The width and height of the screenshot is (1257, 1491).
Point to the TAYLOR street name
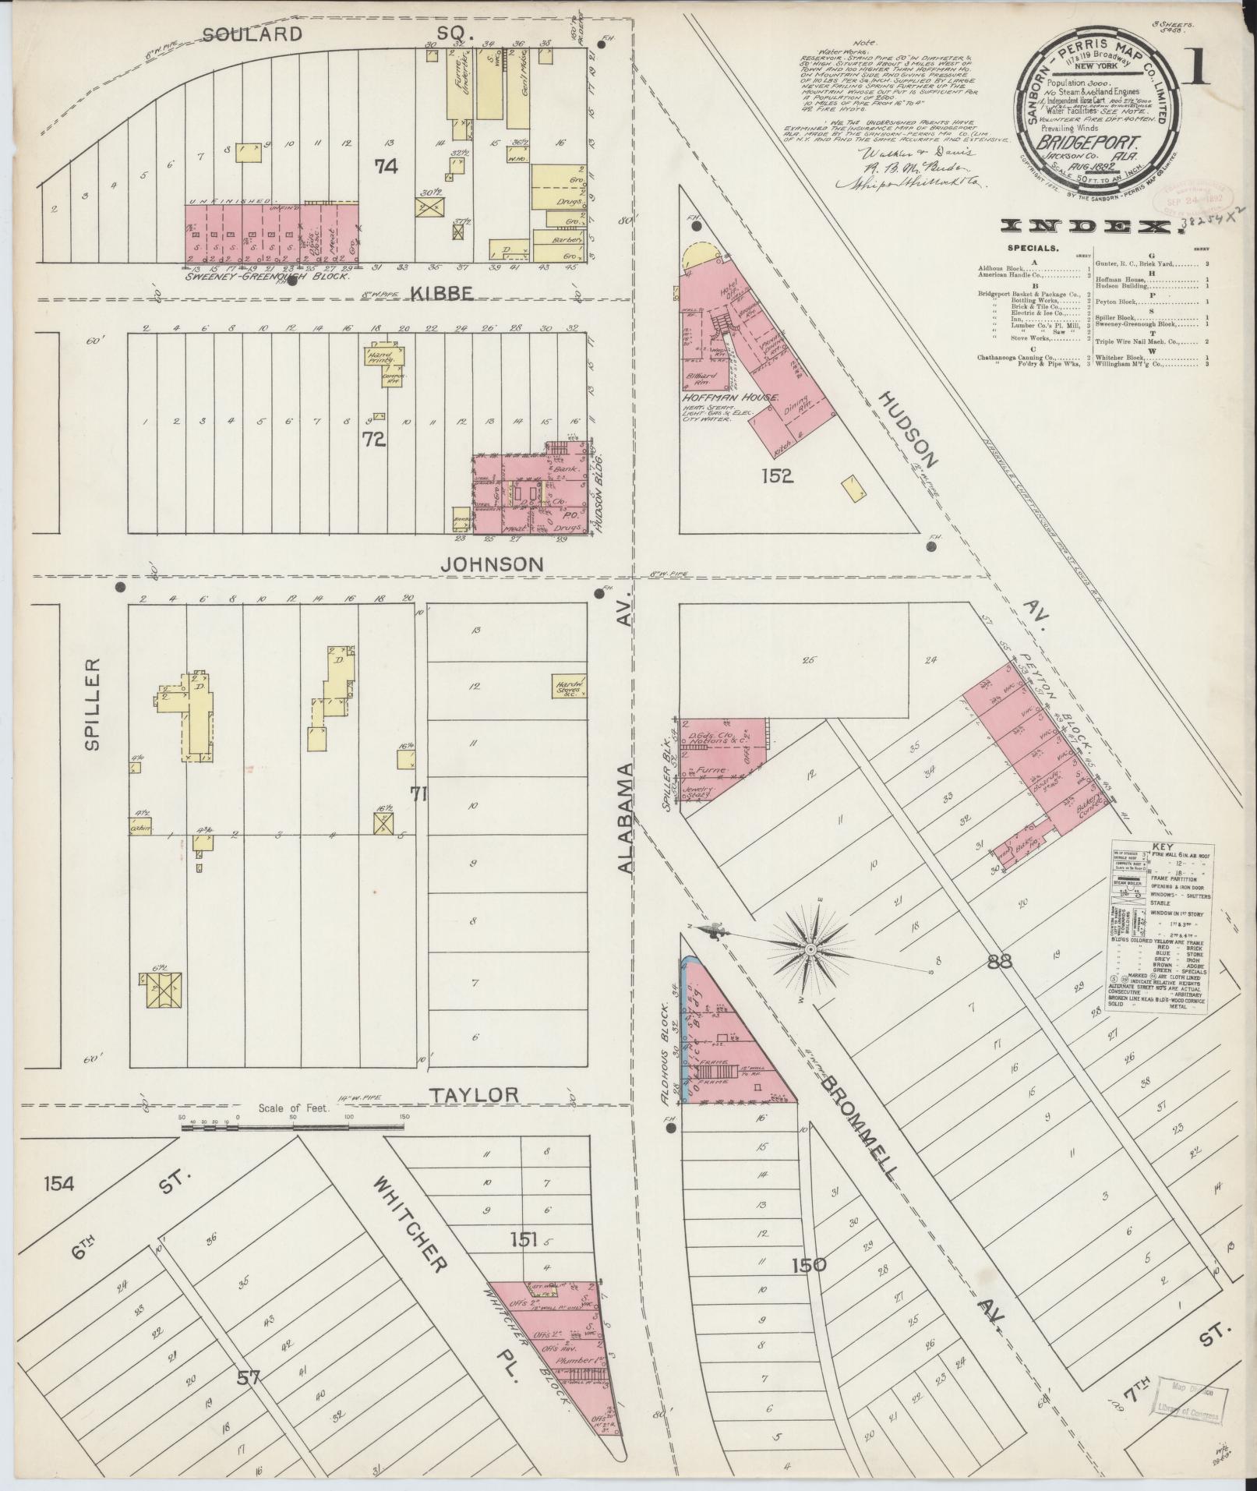click(x=475, y=1094)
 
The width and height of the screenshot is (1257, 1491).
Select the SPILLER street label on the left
click(x=93, y=704)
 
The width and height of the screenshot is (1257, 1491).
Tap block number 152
click(x=778, y=475)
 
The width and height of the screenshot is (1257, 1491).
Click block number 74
click(x=386, y=166)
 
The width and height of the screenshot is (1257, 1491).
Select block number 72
click(x=374, y=440)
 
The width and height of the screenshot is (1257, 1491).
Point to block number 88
click(x=999, y=962)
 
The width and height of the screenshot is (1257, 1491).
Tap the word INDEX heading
click(x=1084, y=227)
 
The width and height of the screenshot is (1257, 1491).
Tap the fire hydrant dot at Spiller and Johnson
click(x=120, y=587)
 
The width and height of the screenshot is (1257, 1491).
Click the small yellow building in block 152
click(x=853, y=489)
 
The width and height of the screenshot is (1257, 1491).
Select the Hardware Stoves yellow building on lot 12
click(x=569, y=685)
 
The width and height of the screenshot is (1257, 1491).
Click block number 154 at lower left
click(x=58, y=1206)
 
